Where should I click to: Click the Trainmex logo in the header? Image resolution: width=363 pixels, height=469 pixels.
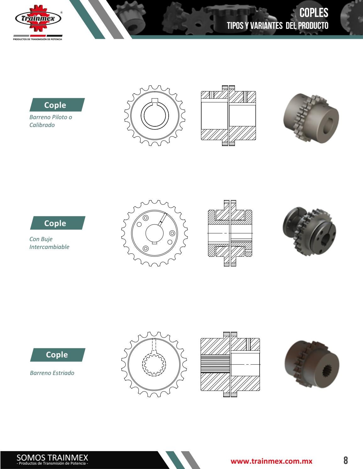(x=38, y=18)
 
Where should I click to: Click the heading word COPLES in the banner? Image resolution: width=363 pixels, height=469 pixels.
(x=314, y=13)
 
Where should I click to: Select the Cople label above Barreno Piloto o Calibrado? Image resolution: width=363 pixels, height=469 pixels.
(x=55, y=105)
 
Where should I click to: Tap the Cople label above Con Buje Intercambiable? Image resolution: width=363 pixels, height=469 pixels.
(x=55, y=223)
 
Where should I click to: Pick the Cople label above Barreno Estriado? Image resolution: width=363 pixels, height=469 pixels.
(x=57, y=355)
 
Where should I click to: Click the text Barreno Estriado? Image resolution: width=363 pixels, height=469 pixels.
(x=52, y=373)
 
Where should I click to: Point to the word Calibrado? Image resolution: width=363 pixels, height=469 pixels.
(x=42, y=125)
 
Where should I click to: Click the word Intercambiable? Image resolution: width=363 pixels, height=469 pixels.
(x=49, y=247)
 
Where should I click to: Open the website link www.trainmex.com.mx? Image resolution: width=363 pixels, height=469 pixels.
(x=271, y=461)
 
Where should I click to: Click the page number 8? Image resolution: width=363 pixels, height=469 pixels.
(x=346, y=460)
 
